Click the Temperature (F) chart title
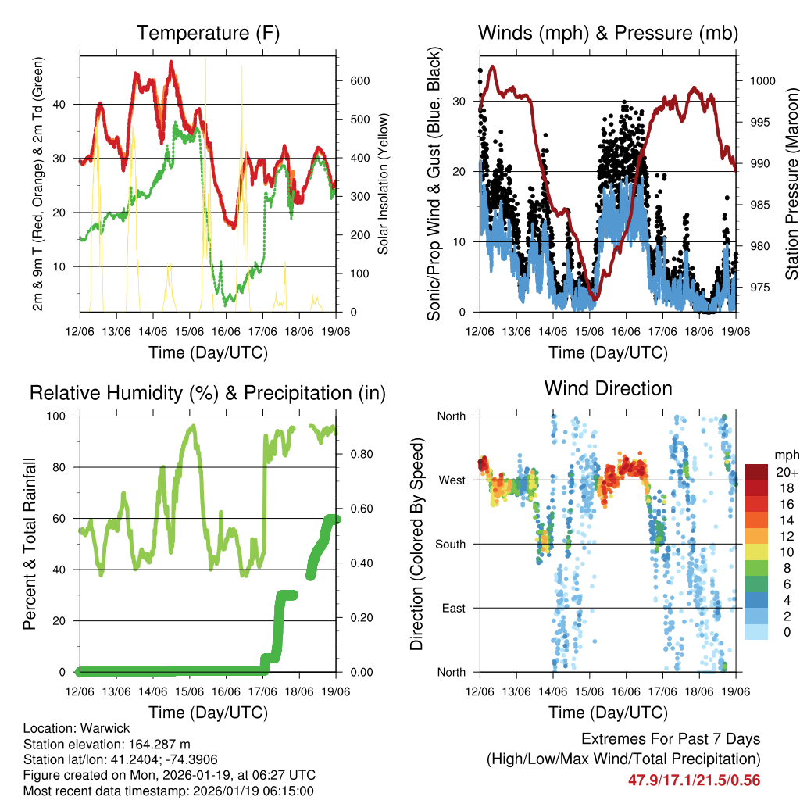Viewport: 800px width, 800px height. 208,34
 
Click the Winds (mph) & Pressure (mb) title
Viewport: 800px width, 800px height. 608,34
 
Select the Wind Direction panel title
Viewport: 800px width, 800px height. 608,388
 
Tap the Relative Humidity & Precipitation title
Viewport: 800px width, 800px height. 208,393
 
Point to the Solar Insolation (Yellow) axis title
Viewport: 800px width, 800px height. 383,184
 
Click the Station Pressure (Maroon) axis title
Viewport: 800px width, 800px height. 791,184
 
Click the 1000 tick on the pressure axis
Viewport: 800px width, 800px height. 762,80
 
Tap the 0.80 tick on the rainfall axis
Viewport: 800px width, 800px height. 358,454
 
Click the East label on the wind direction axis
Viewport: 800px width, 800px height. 451,608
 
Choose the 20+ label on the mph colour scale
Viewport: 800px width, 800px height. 786,472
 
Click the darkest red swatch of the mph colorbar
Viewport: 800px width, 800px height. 755,472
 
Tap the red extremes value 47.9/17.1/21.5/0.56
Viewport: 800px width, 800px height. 694,780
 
